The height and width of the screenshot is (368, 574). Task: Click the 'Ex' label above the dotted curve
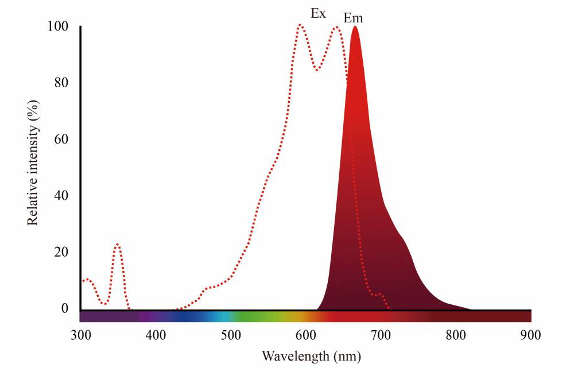click(x=318, y=13)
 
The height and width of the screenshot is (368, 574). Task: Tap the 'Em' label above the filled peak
click(x=353, y=18)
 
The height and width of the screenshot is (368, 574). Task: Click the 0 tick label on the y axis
click(x=65, y=308)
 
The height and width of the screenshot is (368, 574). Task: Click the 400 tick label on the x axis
click(x=156, y=335)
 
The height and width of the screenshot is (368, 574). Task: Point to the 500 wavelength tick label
click(x=231, y=335)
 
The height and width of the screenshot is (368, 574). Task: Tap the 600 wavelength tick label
click(x=306, y=335)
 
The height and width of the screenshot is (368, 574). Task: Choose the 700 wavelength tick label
click(x=381, y=335)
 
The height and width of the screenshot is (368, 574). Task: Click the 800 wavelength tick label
click(x=456, y=335)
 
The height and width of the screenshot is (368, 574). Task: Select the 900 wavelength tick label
click(x=531, y=335)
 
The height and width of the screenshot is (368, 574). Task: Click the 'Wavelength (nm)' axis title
click(x=312, y=356)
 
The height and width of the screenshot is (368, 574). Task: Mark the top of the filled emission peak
click(x=355, y=27)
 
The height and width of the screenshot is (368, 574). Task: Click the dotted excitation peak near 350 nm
click(x=117, y=244)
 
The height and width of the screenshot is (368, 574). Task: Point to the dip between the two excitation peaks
click(x=317, y=70)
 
